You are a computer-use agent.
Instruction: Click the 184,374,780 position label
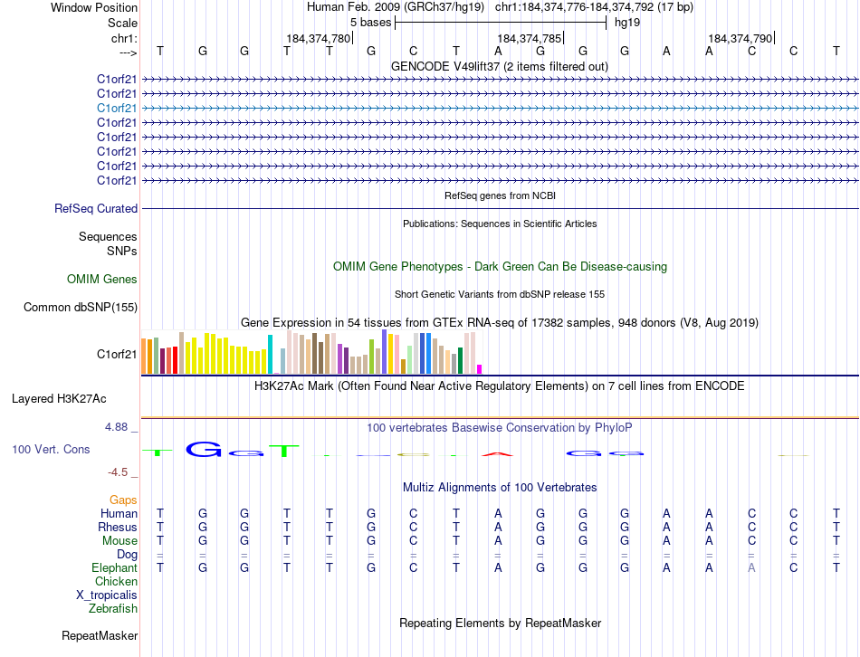[317, 39]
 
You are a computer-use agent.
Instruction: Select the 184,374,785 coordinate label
[529, 39]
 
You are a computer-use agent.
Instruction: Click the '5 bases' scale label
[370, 22]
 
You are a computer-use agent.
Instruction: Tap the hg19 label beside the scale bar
[627, 22]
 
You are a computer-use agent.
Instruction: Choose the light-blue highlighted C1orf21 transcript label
[117, 108]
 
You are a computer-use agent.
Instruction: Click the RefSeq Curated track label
[96, 208]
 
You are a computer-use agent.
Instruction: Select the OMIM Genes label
[102, 280]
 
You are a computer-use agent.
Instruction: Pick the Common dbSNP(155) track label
[81, 307]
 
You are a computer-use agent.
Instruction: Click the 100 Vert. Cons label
[50, 449]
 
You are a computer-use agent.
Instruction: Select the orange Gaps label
[123, 500]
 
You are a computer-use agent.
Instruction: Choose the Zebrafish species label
[113, 608]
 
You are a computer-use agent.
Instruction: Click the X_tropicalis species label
[107, 595]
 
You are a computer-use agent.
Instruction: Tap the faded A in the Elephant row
[751, 567]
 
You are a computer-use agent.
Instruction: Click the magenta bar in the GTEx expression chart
[480, 368]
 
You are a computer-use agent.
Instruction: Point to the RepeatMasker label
[100, 636]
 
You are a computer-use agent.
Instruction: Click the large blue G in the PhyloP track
[203, 449]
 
